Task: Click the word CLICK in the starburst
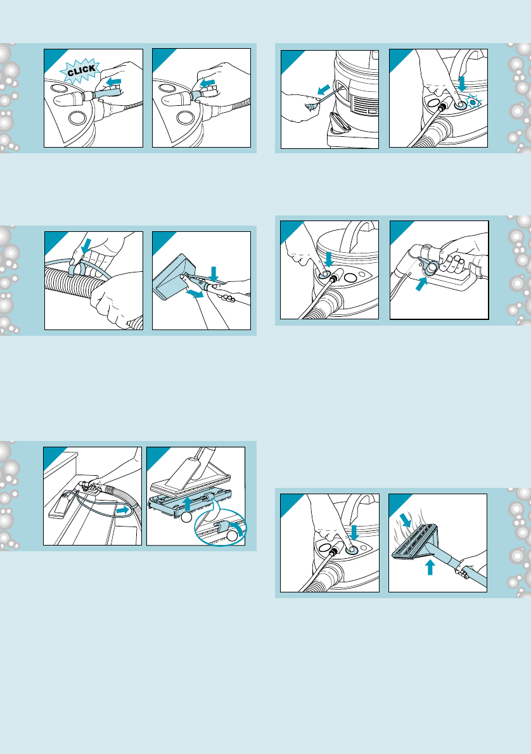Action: pyautogui.click(x=81, y=71)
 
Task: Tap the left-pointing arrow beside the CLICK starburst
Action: pyautogui.click(x=113, y=82)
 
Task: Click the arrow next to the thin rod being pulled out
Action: pyautogui.click(x=324, y=89)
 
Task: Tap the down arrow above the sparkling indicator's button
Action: pyautogui.click(x=462, y=83)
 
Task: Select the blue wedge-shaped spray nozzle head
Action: pyautogui.click(x=173, y=276)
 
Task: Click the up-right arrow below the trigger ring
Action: pyautogui.click(x=421, y=284)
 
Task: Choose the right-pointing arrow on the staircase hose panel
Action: pyautogui.click(x=124, y=509)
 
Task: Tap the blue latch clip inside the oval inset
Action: pyautogui.click(x=222, y=527)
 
